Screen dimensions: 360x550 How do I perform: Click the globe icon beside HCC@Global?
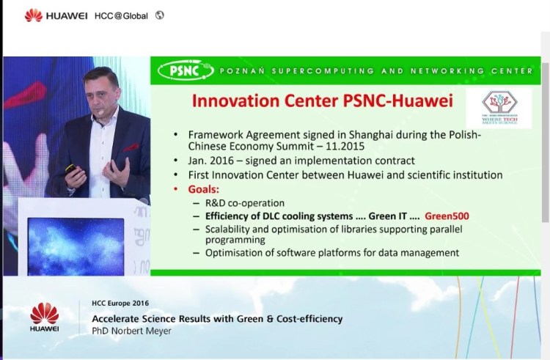[160, 15]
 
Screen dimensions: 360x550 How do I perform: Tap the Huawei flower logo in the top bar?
[33, 15]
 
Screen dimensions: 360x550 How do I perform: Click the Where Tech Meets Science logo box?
[499, 109]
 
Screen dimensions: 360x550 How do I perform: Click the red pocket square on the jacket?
[131, 147]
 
